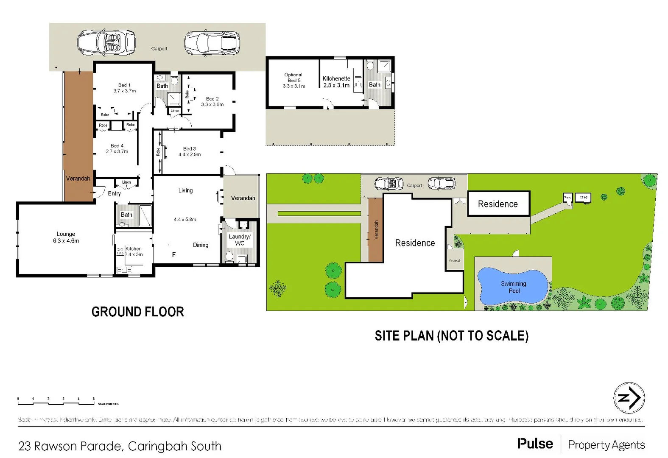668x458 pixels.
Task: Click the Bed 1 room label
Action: tap(124, 88)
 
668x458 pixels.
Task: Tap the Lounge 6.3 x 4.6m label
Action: tap(66, 237)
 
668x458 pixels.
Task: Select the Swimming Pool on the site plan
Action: tap(513, 287)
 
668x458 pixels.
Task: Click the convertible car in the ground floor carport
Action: tap(106, 42)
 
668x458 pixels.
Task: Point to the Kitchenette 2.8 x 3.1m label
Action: tap(336, 82)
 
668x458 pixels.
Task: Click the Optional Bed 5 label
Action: tap(293, 80)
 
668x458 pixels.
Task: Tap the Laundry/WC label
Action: tap(240, 240)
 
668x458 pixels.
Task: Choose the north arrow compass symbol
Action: tap(629, 398)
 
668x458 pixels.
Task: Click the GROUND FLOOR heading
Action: tap(138, 312)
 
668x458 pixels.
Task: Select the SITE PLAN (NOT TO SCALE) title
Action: tap(451, 336)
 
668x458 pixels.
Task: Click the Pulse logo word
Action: tap(535, 444)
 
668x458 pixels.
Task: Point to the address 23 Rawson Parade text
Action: tap(120, 446)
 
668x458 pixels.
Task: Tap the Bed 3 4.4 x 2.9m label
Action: tap(190, 151)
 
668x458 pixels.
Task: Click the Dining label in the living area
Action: tap(201, 245)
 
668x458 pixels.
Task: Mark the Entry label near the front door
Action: tap(114, 193)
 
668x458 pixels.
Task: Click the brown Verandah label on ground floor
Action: tap(78, 179)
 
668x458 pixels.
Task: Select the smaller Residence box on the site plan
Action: tap(498, 204)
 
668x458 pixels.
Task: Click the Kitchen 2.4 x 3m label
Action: tap(134, 251)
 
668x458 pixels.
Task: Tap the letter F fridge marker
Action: tap(173, 254)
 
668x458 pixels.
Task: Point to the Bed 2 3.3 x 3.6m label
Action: tap(212, 101)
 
